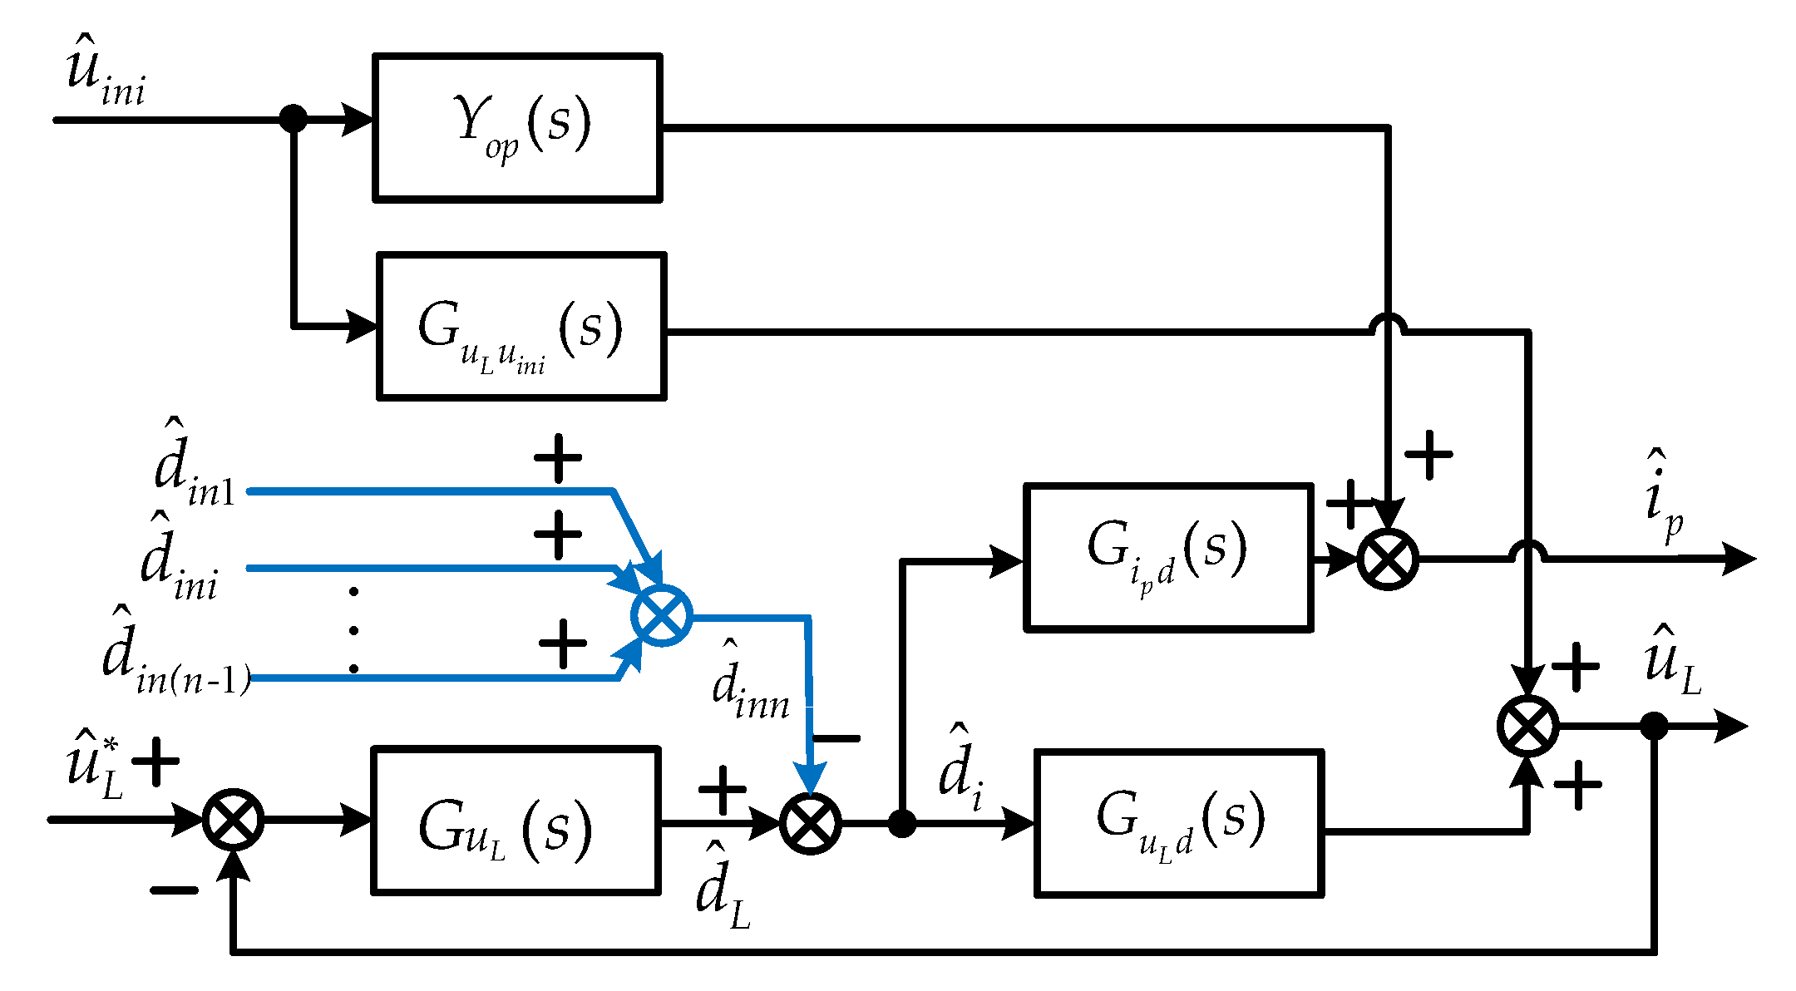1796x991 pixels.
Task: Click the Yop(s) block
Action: click(x=517, y=127)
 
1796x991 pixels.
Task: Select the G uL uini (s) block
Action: click(x=521, y=327)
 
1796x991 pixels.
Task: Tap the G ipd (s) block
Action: click(x=1168, y=557)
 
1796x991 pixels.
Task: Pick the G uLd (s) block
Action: click(x=1179, y=823)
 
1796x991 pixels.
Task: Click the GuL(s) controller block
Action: click(x=516, y=821)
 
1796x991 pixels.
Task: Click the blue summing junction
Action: click(x=661, y=615)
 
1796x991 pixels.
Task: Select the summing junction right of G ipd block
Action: click(x=1388, y=559)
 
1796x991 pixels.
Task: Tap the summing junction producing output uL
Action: click(x=1527, y=726)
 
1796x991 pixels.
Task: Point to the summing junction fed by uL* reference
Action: click(x=234, y=820)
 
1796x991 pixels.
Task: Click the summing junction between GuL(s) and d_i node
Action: click(x=811, y=823)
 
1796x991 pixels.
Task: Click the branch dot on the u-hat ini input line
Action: click(x=293, y=118)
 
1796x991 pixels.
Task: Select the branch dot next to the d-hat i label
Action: click(x=902, y=823)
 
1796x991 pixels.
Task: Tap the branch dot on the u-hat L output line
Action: click(x=1654, y=726)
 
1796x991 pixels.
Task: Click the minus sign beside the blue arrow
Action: click(x=836, y=737)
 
